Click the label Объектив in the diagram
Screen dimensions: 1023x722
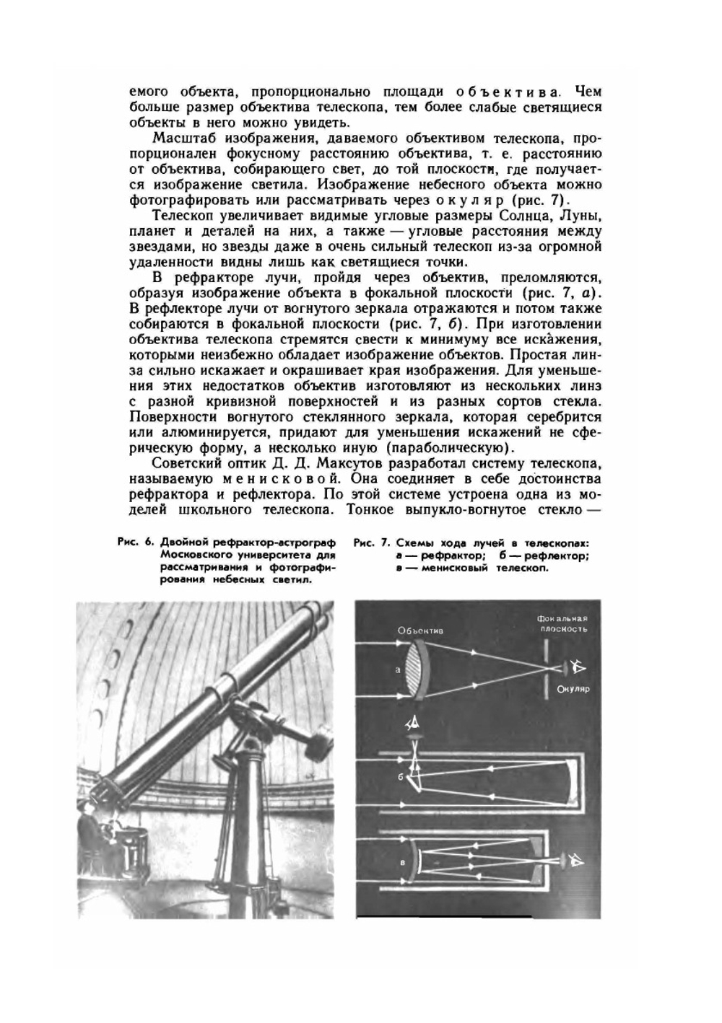pyautogui.click(x=420, y=630)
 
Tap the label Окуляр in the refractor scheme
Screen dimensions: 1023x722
pyautogui.click(x=575, y=689)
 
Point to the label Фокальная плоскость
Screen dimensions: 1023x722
pyautogui.click(x=562, y=623)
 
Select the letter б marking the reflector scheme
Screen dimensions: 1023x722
pyautogui.click(x=398, y=776)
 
